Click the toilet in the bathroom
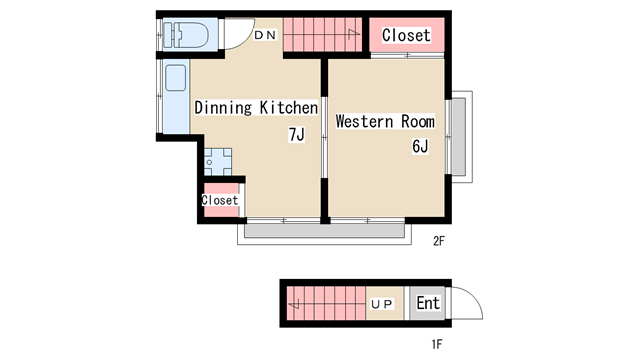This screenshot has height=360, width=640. pyautogui.click(x=186, y=35)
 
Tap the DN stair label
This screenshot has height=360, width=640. pyautogui.click(x=265, y=35)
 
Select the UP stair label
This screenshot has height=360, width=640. pyautogui.click(x=382, y=304)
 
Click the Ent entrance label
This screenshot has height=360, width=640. pyautogui.click(x=428, y=303)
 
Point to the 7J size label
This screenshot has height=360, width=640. pyautogui.click(x=297, y=134)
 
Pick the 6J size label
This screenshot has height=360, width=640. pyautogui.click(x=420, y=146)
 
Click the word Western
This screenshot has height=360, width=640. pyautogui.click(x=364, y=121)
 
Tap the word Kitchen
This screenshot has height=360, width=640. pyautogui.click(x=289, y=108)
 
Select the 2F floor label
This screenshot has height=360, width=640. pyautogui.click(x=439, y=241)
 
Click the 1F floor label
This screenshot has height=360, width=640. pyautogui.click(x=437, y=344)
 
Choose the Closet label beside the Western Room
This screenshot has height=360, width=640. pyautogui.click(x=406, y=35)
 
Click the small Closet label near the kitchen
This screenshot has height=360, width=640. pyautogui.click(x=220, y=200)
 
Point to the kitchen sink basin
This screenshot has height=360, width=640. pyautogui.click(x=176, y=78)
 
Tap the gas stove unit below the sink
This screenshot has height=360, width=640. pyautogui.click(x=218, y=162)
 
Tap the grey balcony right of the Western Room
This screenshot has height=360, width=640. pyautogui.click(x=458, y=137)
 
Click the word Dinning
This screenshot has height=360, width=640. pyautogui.click(x=223, y=108)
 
